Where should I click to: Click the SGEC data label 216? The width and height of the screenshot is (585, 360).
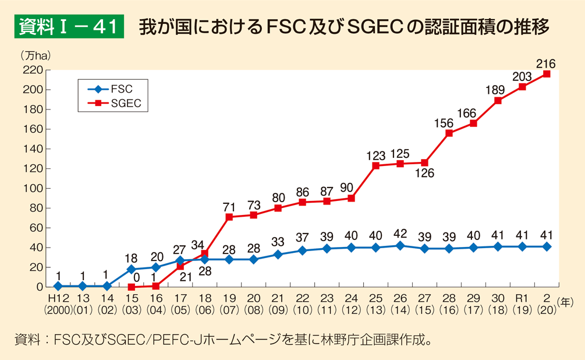coord(546,63)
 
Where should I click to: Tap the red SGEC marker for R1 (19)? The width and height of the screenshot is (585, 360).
coord(522,87)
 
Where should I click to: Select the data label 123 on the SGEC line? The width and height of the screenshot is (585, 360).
coord(375,156)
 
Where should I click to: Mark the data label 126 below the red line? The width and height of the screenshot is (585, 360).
coord(424,173)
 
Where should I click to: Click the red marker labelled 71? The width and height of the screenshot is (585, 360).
coord(229,217)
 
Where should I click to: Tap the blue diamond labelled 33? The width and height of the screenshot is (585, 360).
coord(278,255)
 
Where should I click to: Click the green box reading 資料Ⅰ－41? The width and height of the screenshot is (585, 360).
coord(69,27)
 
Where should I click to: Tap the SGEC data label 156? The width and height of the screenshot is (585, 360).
coord(449,123)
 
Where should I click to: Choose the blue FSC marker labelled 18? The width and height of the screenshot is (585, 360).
coord(132,269)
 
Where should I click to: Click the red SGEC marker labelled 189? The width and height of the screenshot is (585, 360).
coord(498,100)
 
